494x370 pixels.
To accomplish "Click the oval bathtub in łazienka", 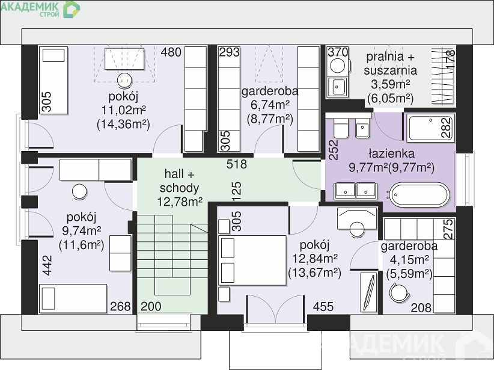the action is (419, 196).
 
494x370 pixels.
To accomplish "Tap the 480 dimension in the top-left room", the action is (171, 52).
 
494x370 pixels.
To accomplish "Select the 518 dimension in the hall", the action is (237, 164).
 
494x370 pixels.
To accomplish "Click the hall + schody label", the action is (179, 180).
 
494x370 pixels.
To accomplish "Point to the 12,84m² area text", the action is (315, 259).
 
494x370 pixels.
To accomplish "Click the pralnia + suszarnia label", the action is (391, 63).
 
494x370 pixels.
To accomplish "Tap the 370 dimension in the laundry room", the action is (338, 51).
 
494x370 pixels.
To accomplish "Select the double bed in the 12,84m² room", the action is (252, 261).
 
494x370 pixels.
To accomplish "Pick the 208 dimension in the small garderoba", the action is (421, 307).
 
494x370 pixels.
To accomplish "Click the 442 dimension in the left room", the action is (47, 265).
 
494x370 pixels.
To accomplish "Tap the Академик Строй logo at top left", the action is (40, 9).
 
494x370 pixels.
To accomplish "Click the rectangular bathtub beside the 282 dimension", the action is (431, 128).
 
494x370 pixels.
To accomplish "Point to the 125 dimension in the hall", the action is (237, 191).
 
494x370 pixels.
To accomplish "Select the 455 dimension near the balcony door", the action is (323, 306).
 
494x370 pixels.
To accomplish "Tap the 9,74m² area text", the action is (82, 231).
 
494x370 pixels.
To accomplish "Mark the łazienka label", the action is (392, 153).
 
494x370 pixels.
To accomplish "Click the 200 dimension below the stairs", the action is (151, 306).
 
